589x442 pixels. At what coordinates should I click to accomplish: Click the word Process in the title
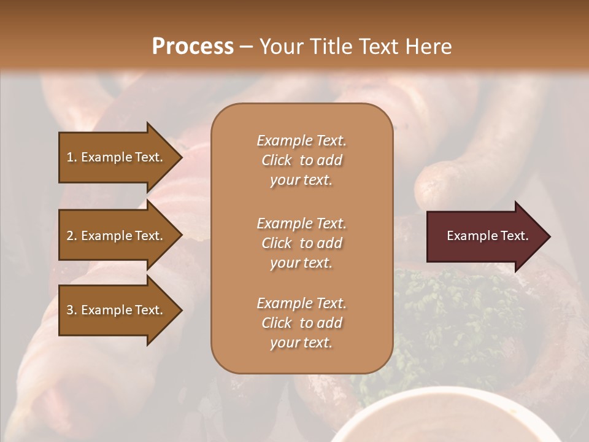coord(192,47)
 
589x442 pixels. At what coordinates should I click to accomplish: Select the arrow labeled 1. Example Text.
coord(115,157)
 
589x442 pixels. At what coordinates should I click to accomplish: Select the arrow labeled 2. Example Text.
coord(115,236)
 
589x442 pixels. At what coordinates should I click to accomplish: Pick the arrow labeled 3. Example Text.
coord(115,310)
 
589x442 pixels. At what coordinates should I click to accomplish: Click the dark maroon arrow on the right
coord(485,236)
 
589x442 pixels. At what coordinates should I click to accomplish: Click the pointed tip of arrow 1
coord(180,157)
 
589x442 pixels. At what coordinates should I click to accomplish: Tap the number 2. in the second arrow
coord(72,236)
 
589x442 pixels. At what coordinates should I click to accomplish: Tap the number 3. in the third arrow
coord(72,310)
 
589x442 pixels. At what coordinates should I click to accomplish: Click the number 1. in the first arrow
coord(72,157)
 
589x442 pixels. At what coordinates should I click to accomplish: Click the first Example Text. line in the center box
coord(301,141)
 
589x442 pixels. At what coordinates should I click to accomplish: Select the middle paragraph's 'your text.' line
coord(301,263)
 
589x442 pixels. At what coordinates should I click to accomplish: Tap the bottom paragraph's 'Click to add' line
coord(301,323)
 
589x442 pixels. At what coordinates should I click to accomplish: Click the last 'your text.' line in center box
coord(301,343)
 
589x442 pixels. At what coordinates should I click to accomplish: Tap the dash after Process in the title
coord(246,47)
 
